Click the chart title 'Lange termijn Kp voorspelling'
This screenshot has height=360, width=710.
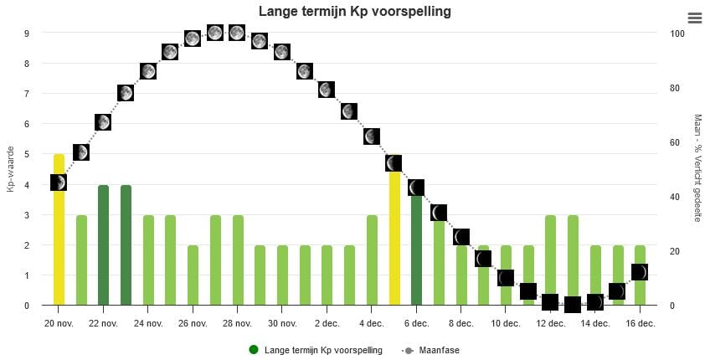[355, 12]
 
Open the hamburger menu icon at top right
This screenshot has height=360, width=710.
[694, 18]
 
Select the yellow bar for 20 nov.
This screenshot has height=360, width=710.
[59, 251]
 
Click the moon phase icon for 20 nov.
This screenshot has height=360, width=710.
[58, 183]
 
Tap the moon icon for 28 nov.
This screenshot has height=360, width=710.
[237, 33]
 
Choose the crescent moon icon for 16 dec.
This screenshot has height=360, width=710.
[640, 272]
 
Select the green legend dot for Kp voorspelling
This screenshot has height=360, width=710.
[254, 350]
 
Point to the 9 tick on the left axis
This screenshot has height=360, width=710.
[27, 33]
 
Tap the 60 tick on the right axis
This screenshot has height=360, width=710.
[675, 142]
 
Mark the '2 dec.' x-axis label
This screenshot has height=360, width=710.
[327, 323]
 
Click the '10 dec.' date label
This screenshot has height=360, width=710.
[506, 323]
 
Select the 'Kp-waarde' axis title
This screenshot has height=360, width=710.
[11, 169]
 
